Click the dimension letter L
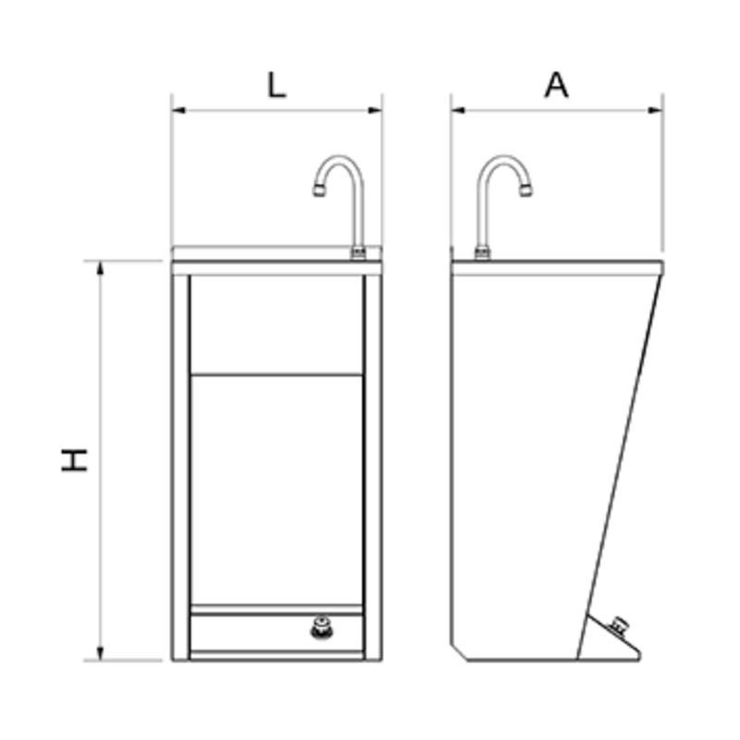click(276, 85)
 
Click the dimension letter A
click(556, 85)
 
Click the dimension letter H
click(75, 460)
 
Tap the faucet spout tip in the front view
click(318, 191)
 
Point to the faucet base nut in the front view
click(357, 253)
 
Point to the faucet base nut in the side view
click(482, 253)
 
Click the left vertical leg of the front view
click(180, 462)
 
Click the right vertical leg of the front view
click(373, 462)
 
